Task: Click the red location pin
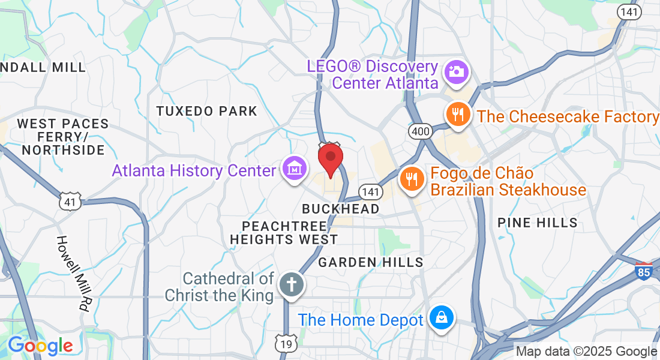point(330,158)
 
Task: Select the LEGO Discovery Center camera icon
point(456,72)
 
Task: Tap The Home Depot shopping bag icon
point(442,318)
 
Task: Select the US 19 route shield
point(286,344)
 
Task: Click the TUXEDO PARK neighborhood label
point(206,111)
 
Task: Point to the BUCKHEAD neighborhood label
point(341,209)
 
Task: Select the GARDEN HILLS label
point(371,262)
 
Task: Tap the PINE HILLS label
point(538,223)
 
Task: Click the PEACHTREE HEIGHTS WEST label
point(284,233)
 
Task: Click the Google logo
point(40,346)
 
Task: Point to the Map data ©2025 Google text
point(587,352)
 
